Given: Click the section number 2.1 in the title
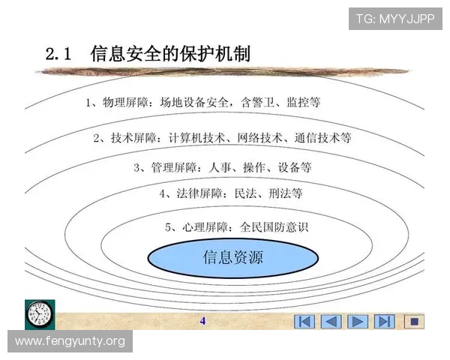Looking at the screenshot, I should [58, 55].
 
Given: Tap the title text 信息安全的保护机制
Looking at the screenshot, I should [169, 54].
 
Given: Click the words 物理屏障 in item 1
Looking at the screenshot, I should [127, 102].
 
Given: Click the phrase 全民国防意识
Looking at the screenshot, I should [274, 226].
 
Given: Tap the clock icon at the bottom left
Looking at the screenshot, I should [40, 313].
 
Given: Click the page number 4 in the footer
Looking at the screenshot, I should [202, 321].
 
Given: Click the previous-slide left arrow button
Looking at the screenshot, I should [331, 322].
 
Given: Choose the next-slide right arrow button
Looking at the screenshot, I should [357, 322].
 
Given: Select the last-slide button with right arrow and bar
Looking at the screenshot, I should [384, 322].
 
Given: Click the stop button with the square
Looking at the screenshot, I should [413, 322].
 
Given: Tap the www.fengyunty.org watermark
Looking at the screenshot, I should [70, 341].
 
